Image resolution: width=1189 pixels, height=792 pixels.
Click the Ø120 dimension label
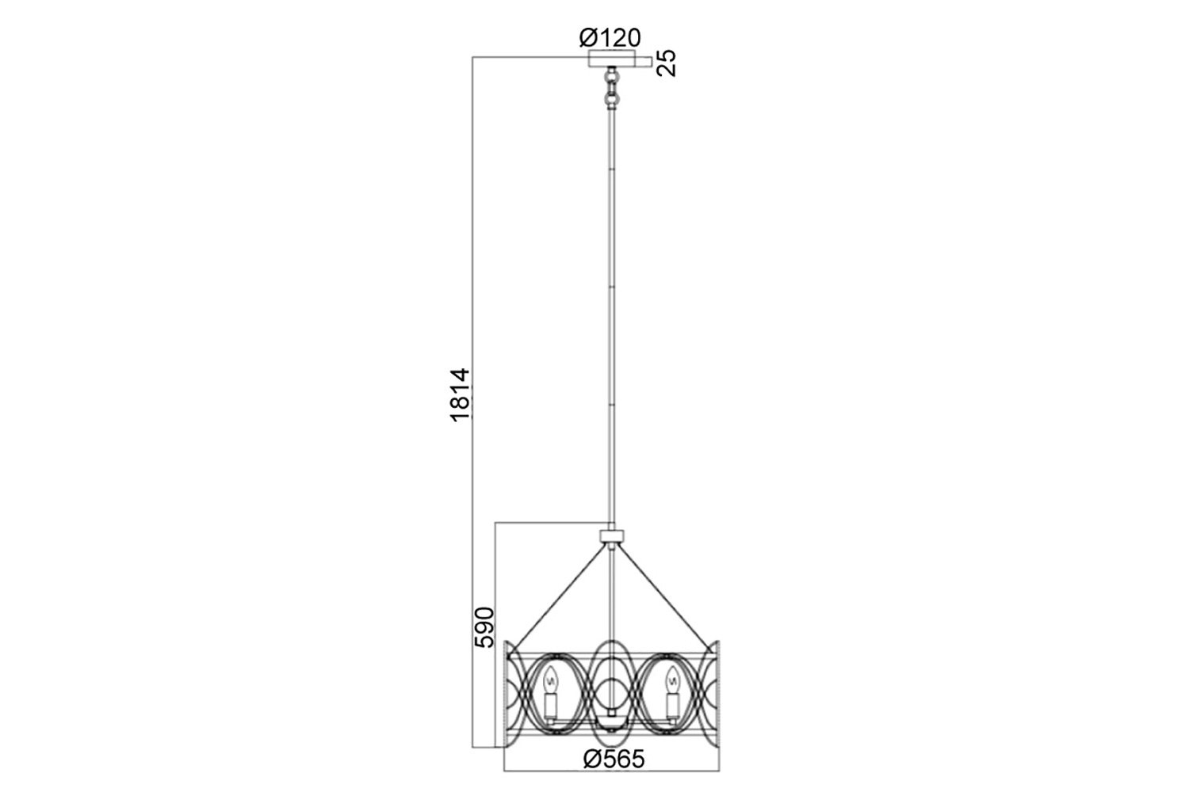[610, 38]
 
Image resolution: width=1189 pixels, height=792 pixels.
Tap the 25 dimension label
[667, 63]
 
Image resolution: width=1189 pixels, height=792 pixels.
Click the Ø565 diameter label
[614, 759]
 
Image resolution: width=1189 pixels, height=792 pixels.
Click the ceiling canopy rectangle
[612, 59]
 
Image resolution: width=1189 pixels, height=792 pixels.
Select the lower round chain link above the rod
[613, 99]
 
